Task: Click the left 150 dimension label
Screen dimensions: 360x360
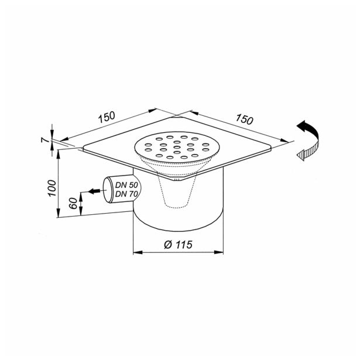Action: pyautogui.click(x=107, y=117)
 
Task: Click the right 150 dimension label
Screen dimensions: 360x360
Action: pyautogui.click(x=245, y=119)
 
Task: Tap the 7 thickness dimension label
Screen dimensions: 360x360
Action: pyautogui.click(x=44, y=139)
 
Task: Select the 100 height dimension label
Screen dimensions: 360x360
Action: pyautogui.click(x=52, y=188)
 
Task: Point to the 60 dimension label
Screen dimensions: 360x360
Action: pyautogui.click(x=74, y=203)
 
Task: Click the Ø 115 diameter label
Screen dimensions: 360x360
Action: pyautogui.click(x=178, y=245)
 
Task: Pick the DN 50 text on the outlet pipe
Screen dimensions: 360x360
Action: pyautogui.click(x=126, y=185)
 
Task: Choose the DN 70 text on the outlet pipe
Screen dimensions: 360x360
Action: pyautogui.click(x=126, y=194)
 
